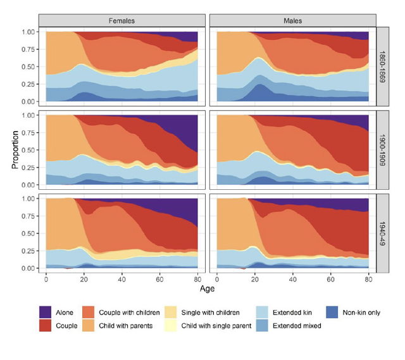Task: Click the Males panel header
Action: pos(292,20)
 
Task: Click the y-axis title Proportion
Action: pos(14,149)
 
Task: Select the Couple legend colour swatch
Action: pos(45,326)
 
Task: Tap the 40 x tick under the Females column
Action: pos(122,279)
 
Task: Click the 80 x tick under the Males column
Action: pos(368,279)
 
